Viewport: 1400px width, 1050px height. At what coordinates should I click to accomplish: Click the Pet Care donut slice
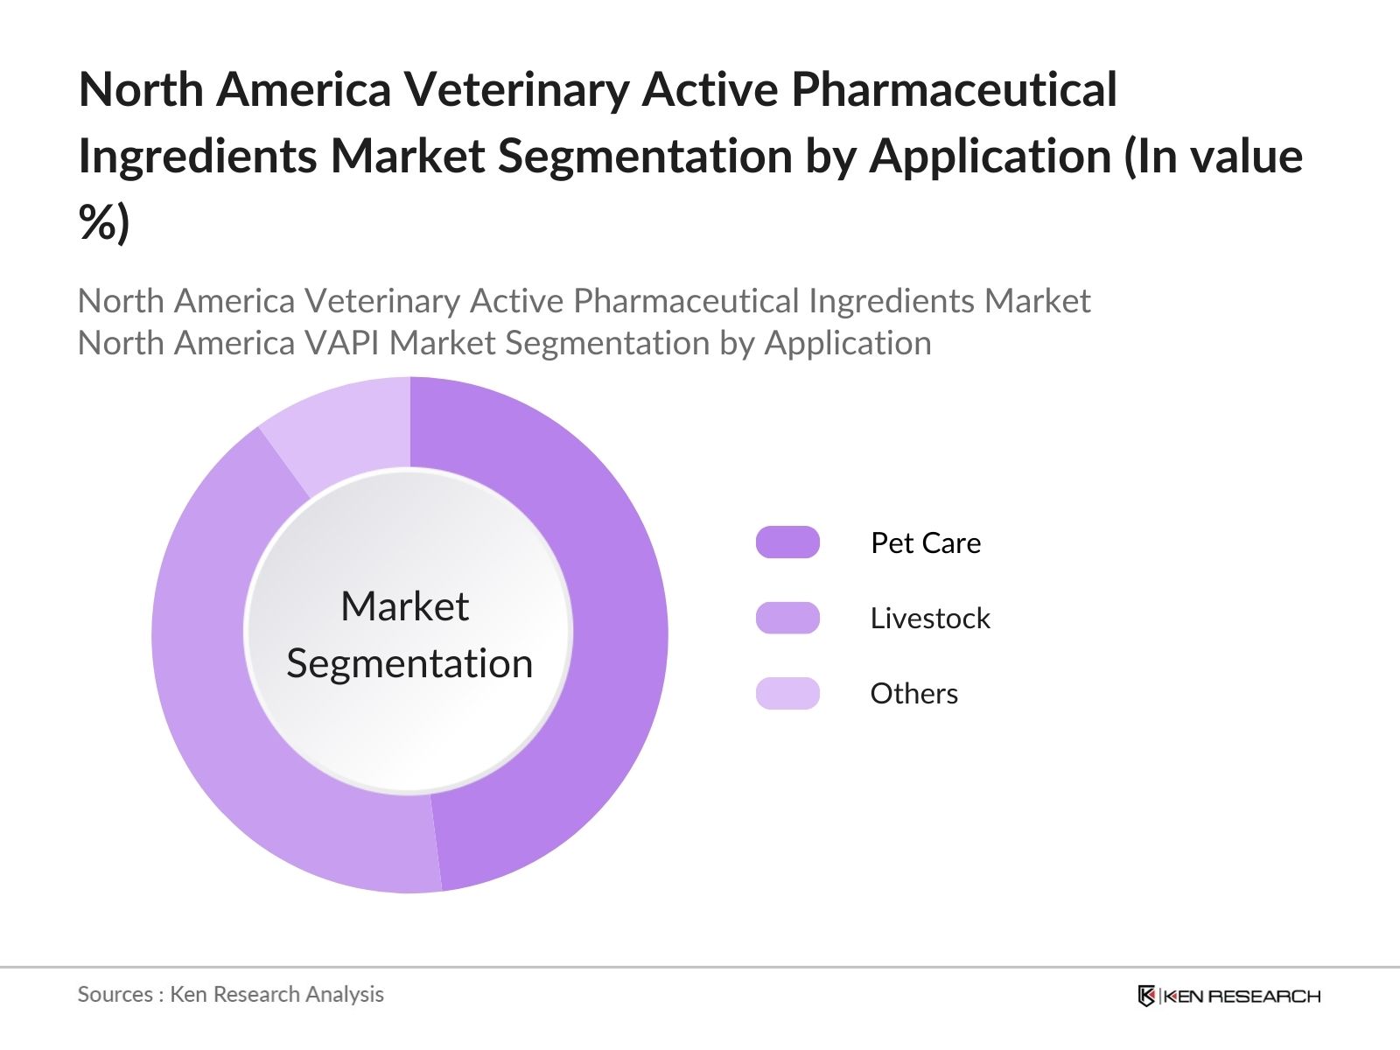[612, 630]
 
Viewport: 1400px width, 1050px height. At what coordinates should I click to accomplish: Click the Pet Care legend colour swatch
[787, 542]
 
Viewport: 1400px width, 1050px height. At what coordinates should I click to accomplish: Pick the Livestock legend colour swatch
[787, 618]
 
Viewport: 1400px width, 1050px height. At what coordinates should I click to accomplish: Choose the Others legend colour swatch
[787, 693]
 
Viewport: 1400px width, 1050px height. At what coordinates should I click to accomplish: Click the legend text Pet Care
[926, 542]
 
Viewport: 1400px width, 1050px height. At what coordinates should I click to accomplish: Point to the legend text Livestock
[929, 618]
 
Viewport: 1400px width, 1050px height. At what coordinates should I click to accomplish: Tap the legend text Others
[913, 693]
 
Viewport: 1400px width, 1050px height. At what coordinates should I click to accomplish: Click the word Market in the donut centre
[404, 606]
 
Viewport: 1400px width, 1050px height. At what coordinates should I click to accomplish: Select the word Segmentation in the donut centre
[409, 663]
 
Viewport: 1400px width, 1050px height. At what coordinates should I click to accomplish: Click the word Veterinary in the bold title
[516, 89]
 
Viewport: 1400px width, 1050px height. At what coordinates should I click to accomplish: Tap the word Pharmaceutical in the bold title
[954, 89]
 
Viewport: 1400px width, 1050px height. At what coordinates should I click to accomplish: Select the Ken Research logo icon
[1146, 996]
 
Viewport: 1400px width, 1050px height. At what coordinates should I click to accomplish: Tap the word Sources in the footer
[115, 994]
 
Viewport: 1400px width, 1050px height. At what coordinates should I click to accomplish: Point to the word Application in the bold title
[989, 156]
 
